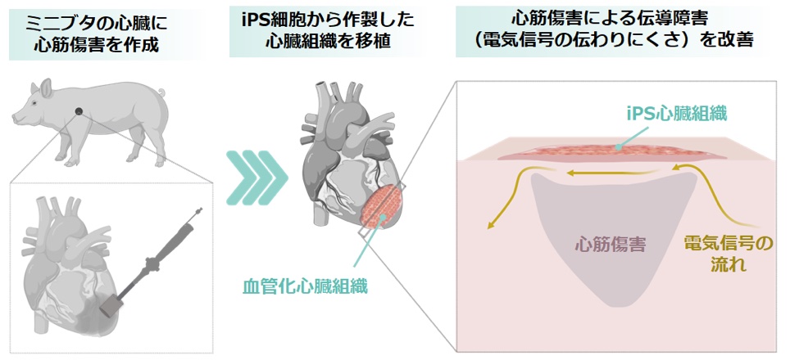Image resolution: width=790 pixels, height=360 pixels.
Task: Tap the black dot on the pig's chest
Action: [x=79, y=111]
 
